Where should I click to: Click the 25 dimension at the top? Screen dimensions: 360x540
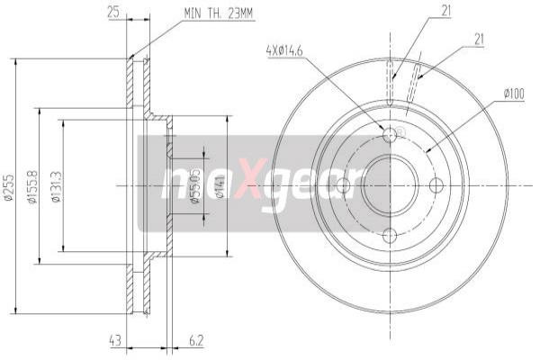tap(113, 13)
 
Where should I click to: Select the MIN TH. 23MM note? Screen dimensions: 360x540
tap(218, 13)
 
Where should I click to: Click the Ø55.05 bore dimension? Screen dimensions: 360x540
tap(195, 186)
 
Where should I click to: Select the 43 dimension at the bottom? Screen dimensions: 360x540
tap(114, 340)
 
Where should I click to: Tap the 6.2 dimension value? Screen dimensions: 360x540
tap(196, 340)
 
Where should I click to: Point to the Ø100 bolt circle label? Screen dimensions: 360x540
tap(514, 93)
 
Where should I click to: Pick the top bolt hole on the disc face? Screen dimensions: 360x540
tap(390, 136)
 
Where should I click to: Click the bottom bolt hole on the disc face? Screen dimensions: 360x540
tap(390, 235)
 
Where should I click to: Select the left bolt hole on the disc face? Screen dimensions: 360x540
tap(342, 185)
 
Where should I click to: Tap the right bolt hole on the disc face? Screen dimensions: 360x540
tap(437, 185)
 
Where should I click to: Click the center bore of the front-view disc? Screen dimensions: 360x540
tap(390, 185)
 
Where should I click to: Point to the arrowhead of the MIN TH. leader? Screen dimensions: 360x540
tap(132, 58)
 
